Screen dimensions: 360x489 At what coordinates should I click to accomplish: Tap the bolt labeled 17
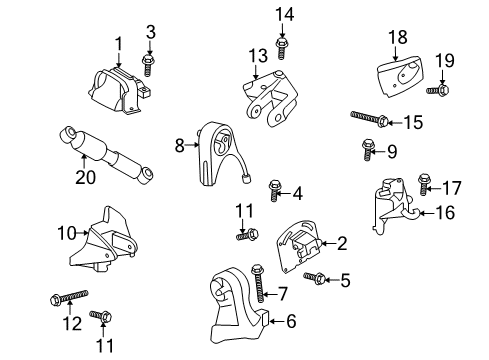pyautogui.click(x=422, y=185)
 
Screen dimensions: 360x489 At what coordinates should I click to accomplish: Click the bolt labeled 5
pyautogui.click(x=318, y=279)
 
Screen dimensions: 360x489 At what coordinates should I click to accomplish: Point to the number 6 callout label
pyautogui.click(x=292, y=321)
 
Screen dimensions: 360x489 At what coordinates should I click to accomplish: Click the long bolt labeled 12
pyautogui.click(x=70, y=296)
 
